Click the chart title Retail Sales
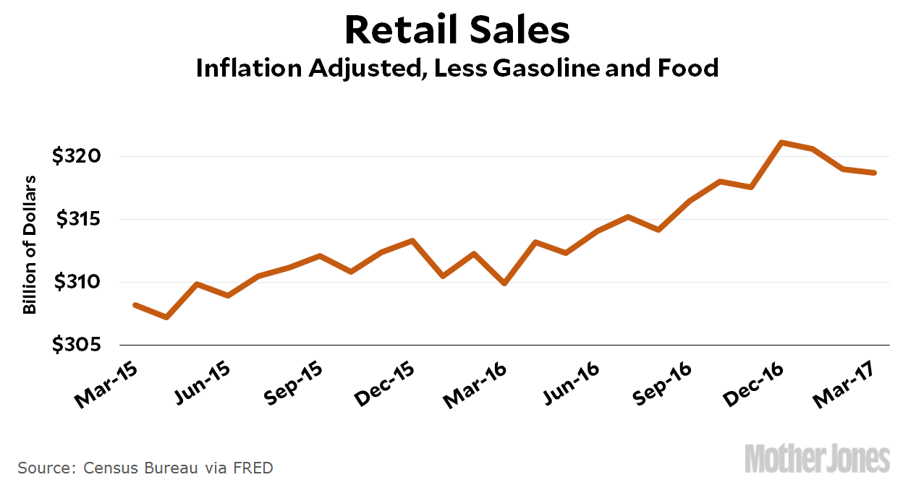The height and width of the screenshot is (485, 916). [457, 30]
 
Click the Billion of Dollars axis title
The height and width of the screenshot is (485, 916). [30, 245]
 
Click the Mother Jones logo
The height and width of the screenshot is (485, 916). [818, 459]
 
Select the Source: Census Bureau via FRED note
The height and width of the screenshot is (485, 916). [145, 468]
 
